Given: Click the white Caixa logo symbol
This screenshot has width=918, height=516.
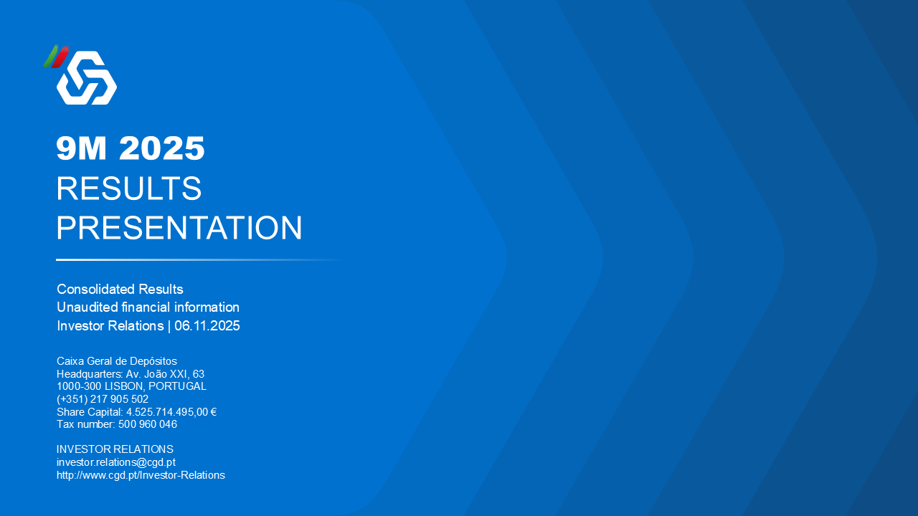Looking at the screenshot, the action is pos(87,78).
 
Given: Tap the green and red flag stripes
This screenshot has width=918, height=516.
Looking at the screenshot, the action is pos(56,57).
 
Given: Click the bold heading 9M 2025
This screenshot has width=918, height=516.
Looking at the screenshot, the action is pos(131,148).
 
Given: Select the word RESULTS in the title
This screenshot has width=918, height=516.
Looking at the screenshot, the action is pos(128,188).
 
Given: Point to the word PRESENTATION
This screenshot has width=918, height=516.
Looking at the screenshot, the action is pos(179,228).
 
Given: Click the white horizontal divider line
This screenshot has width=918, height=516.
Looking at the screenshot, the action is pos(201,259).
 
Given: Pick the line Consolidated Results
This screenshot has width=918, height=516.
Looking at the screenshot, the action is pos(120,289).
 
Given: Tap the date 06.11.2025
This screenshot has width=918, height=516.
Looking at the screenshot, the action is pos(207,326).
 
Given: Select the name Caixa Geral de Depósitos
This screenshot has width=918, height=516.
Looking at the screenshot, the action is pos(117,361).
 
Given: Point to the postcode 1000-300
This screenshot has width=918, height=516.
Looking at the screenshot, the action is pos(79,386).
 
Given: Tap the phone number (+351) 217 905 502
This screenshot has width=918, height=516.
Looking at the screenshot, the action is pos(103,399).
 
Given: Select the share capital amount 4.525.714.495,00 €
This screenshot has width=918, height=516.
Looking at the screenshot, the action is pos(171,412).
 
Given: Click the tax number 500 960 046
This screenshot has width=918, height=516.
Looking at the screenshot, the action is pos(148,424).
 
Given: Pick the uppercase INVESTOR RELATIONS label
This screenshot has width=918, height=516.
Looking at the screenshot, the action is pos(115,449).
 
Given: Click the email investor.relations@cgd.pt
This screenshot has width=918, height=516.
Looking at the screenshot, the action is pos(116,462).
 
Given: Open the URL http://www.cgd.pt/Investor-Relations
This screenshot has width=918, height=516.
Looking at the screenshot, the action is pos(141,475).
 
